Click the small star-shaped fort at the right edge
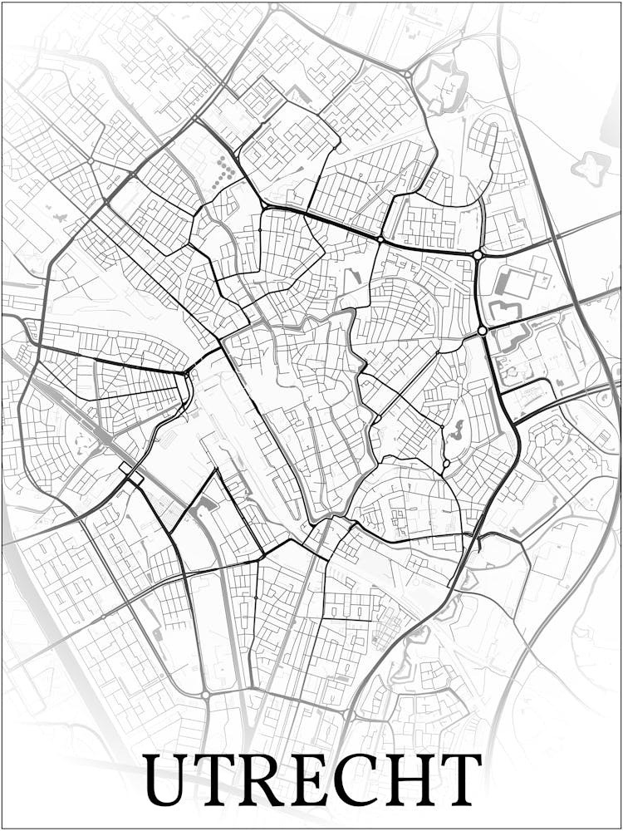(x=591, y=165)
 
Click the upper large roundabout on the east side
(x=478, y=254)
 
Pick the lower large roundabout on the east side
(x=482, y=331)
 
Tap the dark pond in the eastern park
(x=454, y=430)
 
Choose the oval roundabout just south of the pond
(x=446, y=463)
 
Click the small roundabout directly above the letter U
(x=204, y=695)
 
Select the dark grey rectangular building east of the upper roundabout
(x=503, y=283)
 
